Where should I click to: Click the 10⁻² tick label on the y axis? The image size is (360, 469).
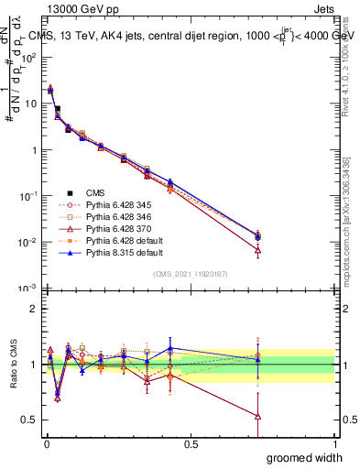tap(28, 243)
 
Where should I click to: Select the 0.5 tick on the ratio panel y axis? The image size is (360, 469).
tap(29, 420)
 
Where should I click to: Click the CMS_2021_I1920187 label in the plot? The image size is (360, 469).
tap(190, 274)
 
